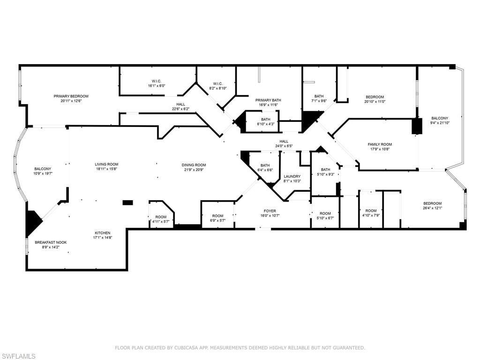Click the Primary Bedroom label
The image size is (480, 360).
click(x=71, y=96)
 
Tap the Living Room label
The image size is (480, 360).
click(x=107, y=165)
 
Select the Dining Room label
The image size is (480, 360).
click(x=194, y=165)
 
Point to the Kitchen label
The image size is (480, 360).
click(x=103, y=233)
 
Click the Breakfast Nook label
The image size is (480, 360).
click(x=51, y=242)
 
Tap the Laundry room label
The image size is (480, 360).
click(x=292, y=176)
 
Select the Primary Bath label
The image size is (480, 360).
click(x=268, y=100)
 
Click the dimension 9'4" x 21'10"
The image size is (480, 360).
click(x=440, y=123)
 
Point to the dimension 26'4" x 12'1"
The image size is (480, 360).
click(x=432, y=208)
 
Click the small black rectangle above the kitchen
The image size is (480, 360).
click(x=127, y=202)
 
